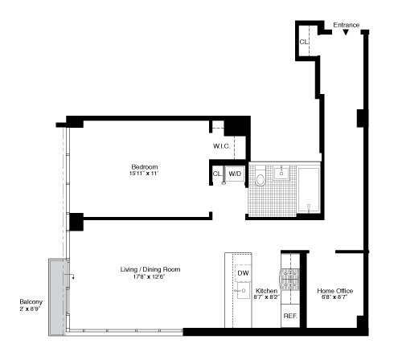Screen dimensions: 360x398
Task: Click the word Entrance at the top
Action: pyautogui.click(x=346, y=25)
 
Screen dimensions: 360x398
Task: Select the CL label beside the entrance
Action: pyautogui.click(x=304, y=42)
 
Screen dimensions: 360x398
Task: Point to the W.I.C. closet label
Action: pyautogui.click(x=222, y=145)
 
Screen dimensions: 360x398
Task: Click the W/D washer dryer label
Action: pyautogui.click(x=235, y=173)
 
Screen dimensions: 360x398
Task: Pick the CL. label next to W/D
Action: pyautogui.click(x=217, y=173)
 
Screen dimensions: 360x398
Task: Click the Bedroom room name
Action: pyautogui.click(x=145, y=166)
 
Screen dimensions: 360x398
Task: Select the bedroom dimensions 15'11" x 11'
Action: pyautogui.click(x=145, y=174)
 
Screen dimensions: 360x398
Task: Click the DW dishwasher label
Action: pyautogui.click(x=243, y=273)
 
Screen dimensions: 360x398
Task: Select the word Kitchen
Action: pyautogui.click(x=266, y=290)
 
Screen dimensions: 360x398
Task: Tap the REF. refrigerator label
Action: pyautogui.click(x=289, y=317)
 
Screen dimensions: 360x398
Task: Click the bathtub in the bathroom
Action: pyautogui.click(x=309, y=190)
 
